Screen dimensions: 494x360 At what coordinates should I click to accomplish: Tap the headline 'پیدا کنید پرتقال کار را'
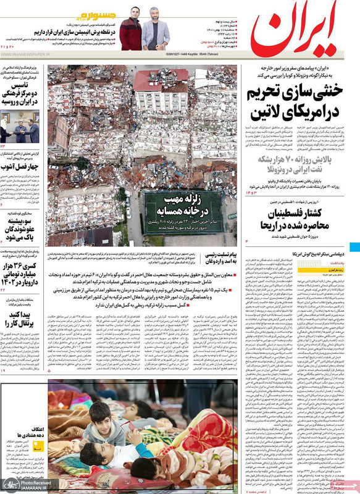(x=22, y=320)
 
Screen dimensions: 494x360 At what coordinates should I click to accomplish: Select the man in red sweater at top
(x=130, y=30)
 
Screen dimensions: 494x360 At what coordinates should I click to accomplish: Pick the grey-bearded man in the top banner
(x=155, y=29)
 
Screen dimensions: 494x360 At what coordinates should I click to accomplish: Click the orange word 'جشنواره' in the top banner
(x=96, y=15)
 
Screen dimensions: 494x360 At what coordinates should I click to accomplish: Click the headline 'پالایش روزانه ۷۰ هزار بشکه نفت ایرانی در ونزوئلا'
(x=301, y=159)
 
